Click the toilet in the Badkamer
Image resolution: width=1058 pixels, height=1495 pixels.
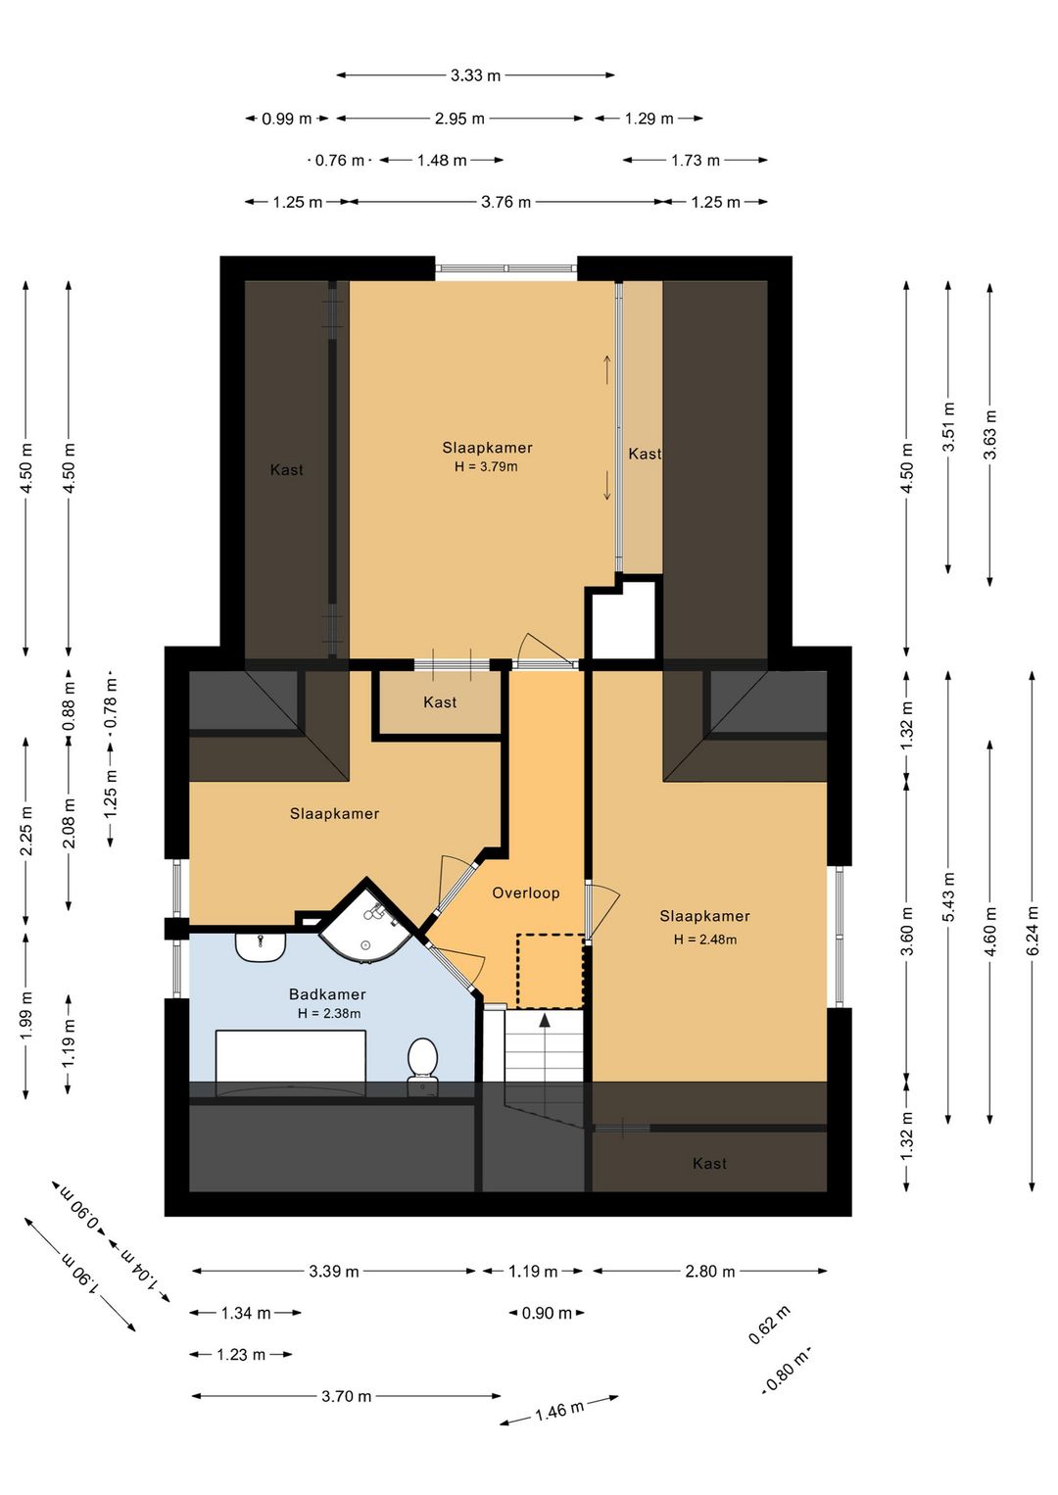pos(422,1067)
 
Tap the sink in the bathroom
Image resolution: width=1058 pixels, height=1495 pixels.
pos(261,947)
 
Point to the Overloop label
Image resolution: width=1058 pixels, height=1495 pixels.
pos(526,893)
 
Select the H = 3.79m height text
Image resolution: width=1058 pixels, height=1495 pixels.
pos(486,466)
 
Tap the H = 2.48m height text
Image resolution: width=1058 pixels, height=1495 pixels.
pos(705,940)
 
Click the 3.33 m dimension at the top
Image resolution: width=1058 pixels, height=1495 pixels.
pos(475,75)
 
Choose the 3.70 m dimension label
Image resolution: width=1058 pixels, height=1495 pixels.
pos(347,1396)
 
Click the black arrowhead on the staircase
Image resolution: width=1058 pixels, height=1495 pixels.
pos(545,1019)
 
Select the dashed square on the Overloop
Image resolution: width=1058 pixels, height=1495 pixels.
pos(551,971)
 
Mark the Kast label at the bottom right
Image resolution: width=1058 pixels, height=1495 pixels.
pos(709,1163)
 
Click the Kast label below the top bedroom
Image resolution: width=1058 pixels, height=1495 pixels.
pos(440,702)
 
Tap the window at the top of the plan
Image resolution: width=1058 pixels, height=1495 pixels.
pos(505,268)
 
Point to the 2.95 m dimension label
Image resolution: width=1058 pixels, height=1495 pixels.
pos(459,119)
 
